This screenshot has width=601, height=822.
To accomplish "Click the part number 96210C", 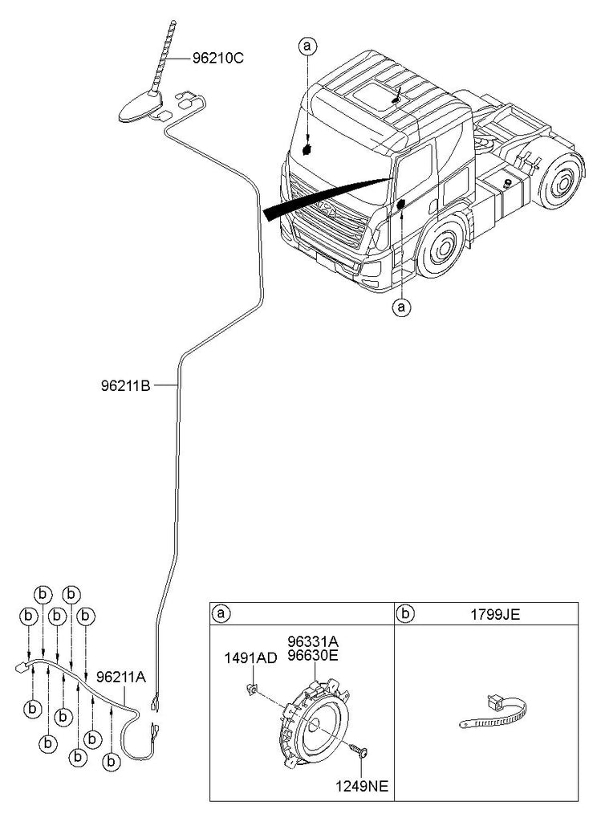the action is click(218, 58).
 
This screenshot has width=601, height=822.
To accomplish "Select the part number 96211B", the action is click(126, 386).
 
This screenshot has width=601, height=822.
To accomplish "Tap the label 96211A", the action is click(121, 677).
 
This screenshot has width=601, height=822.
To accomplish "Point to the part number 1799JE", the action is click(494, 614).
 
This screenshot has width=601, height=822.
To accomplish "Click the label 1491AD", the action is click(251, 658).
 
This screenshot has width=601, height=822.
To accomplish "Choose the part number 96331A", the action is click(313, 641).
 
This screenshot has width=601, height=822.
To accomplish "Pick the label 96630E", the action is click(313, 655).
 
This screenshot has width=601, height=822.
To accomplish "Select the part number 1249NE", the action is click(363, 787).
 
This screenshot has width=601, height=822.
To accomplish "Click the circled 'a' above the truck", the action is click(307, 46).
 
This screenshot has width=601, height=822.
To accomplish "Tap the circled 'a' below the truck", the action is click(402, 307).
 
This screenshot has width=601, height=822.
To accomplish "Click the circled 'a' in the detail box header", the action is click(221, 613).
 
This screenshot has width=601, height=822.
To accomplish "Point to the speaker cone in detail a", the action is click(319, 724).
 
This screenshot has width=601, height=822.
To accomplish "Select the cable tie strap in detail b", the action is click(493, 713).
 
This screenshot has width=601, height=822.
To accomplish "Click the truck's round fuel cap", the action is click(506, 183).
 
